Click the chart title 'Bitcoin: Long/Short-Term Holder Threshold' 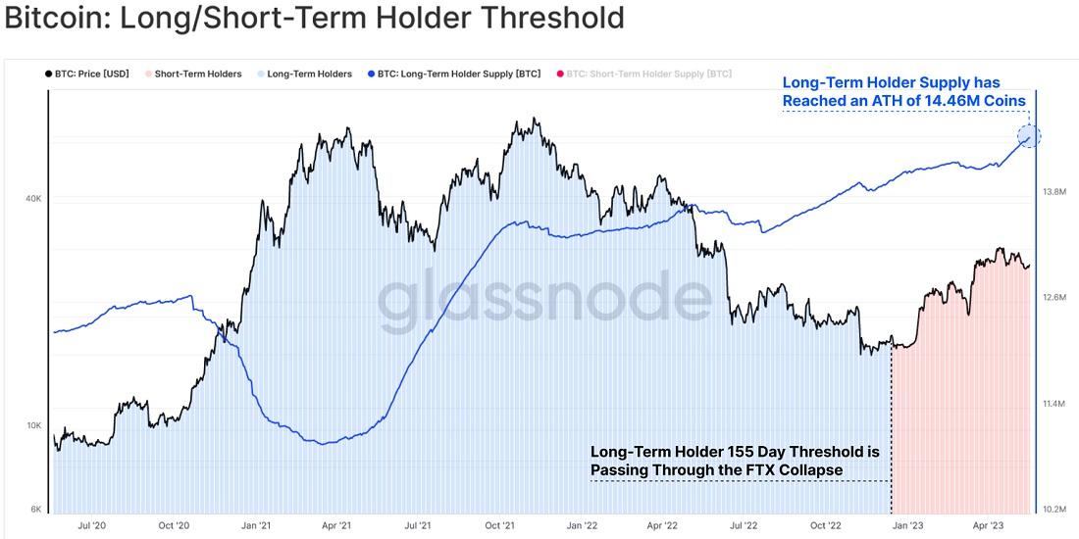[x=314, y=18]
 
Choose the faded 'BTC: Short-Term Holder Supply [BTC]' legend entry [x=648, y=73]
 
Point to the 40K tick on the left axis [x=32, y=199]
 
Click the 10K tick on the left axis [x=32, y=425]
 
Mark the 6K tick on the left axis [x=35, y=510]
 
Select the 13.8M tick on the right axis [x=1055, y=192]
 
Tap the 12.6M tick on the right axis [x=1055, y=298]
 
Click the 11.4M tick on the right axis [x=1055, y=404]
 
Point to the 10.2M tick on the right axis [x=1055, y=510]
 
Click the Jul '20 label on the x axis [x=91, y=526]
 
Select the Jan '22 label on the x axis [x=581, y=526]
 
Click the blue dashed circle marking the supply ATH [x=1028, y=137]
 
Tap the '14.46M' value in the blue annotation [x=946, y=101]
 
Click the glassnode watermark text [x=544, y=298]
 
